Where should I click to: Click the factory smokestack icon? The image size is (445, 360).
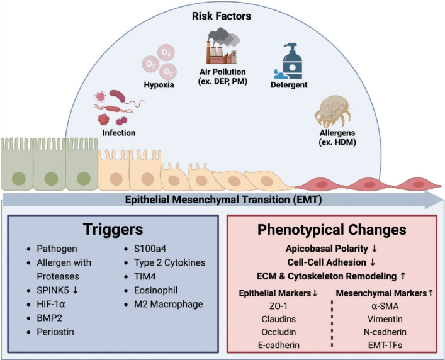point(223,46)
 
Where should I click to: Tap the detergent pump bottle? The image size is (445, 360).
point(292,61)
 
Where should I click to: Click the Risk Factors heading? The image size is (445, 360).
point(222,16)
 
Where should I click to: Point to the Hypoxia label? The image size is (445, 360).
point(159,85)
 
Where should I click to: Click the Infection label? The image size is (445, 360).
point(119,133)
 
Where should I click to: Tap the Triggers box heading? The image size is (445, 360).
point(113,229)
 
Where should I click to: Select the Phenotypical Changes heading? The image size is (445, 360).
point(332,230)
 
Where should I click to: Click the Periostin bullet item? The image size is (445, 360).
point(55,332)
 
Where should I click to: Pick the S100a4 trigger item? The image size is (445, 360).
point(150,249)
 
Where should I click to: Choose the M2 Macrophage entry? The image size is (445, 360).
point(169,304)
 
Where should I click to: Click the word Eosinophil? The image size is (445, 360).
point(156,291)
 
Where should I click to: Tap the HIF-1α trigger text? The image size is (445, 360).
point(51,305)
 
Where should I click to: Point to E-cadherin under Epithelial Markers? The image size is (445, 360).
point(279,345)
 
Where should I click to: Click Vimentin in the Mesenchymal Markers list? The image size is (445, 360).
point(385,319)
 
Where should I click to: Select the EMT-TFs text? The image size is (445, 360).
point(385,345)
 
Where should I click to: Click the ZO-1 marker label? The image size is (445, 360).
point(278,307)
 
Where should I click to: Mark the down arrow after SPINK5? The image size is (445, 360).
point(75,290)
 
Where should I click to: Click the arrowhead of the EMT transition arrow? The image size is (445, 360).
point(434,200)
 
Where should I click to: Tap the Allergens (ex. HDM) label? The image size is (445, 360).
point(337,137)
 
